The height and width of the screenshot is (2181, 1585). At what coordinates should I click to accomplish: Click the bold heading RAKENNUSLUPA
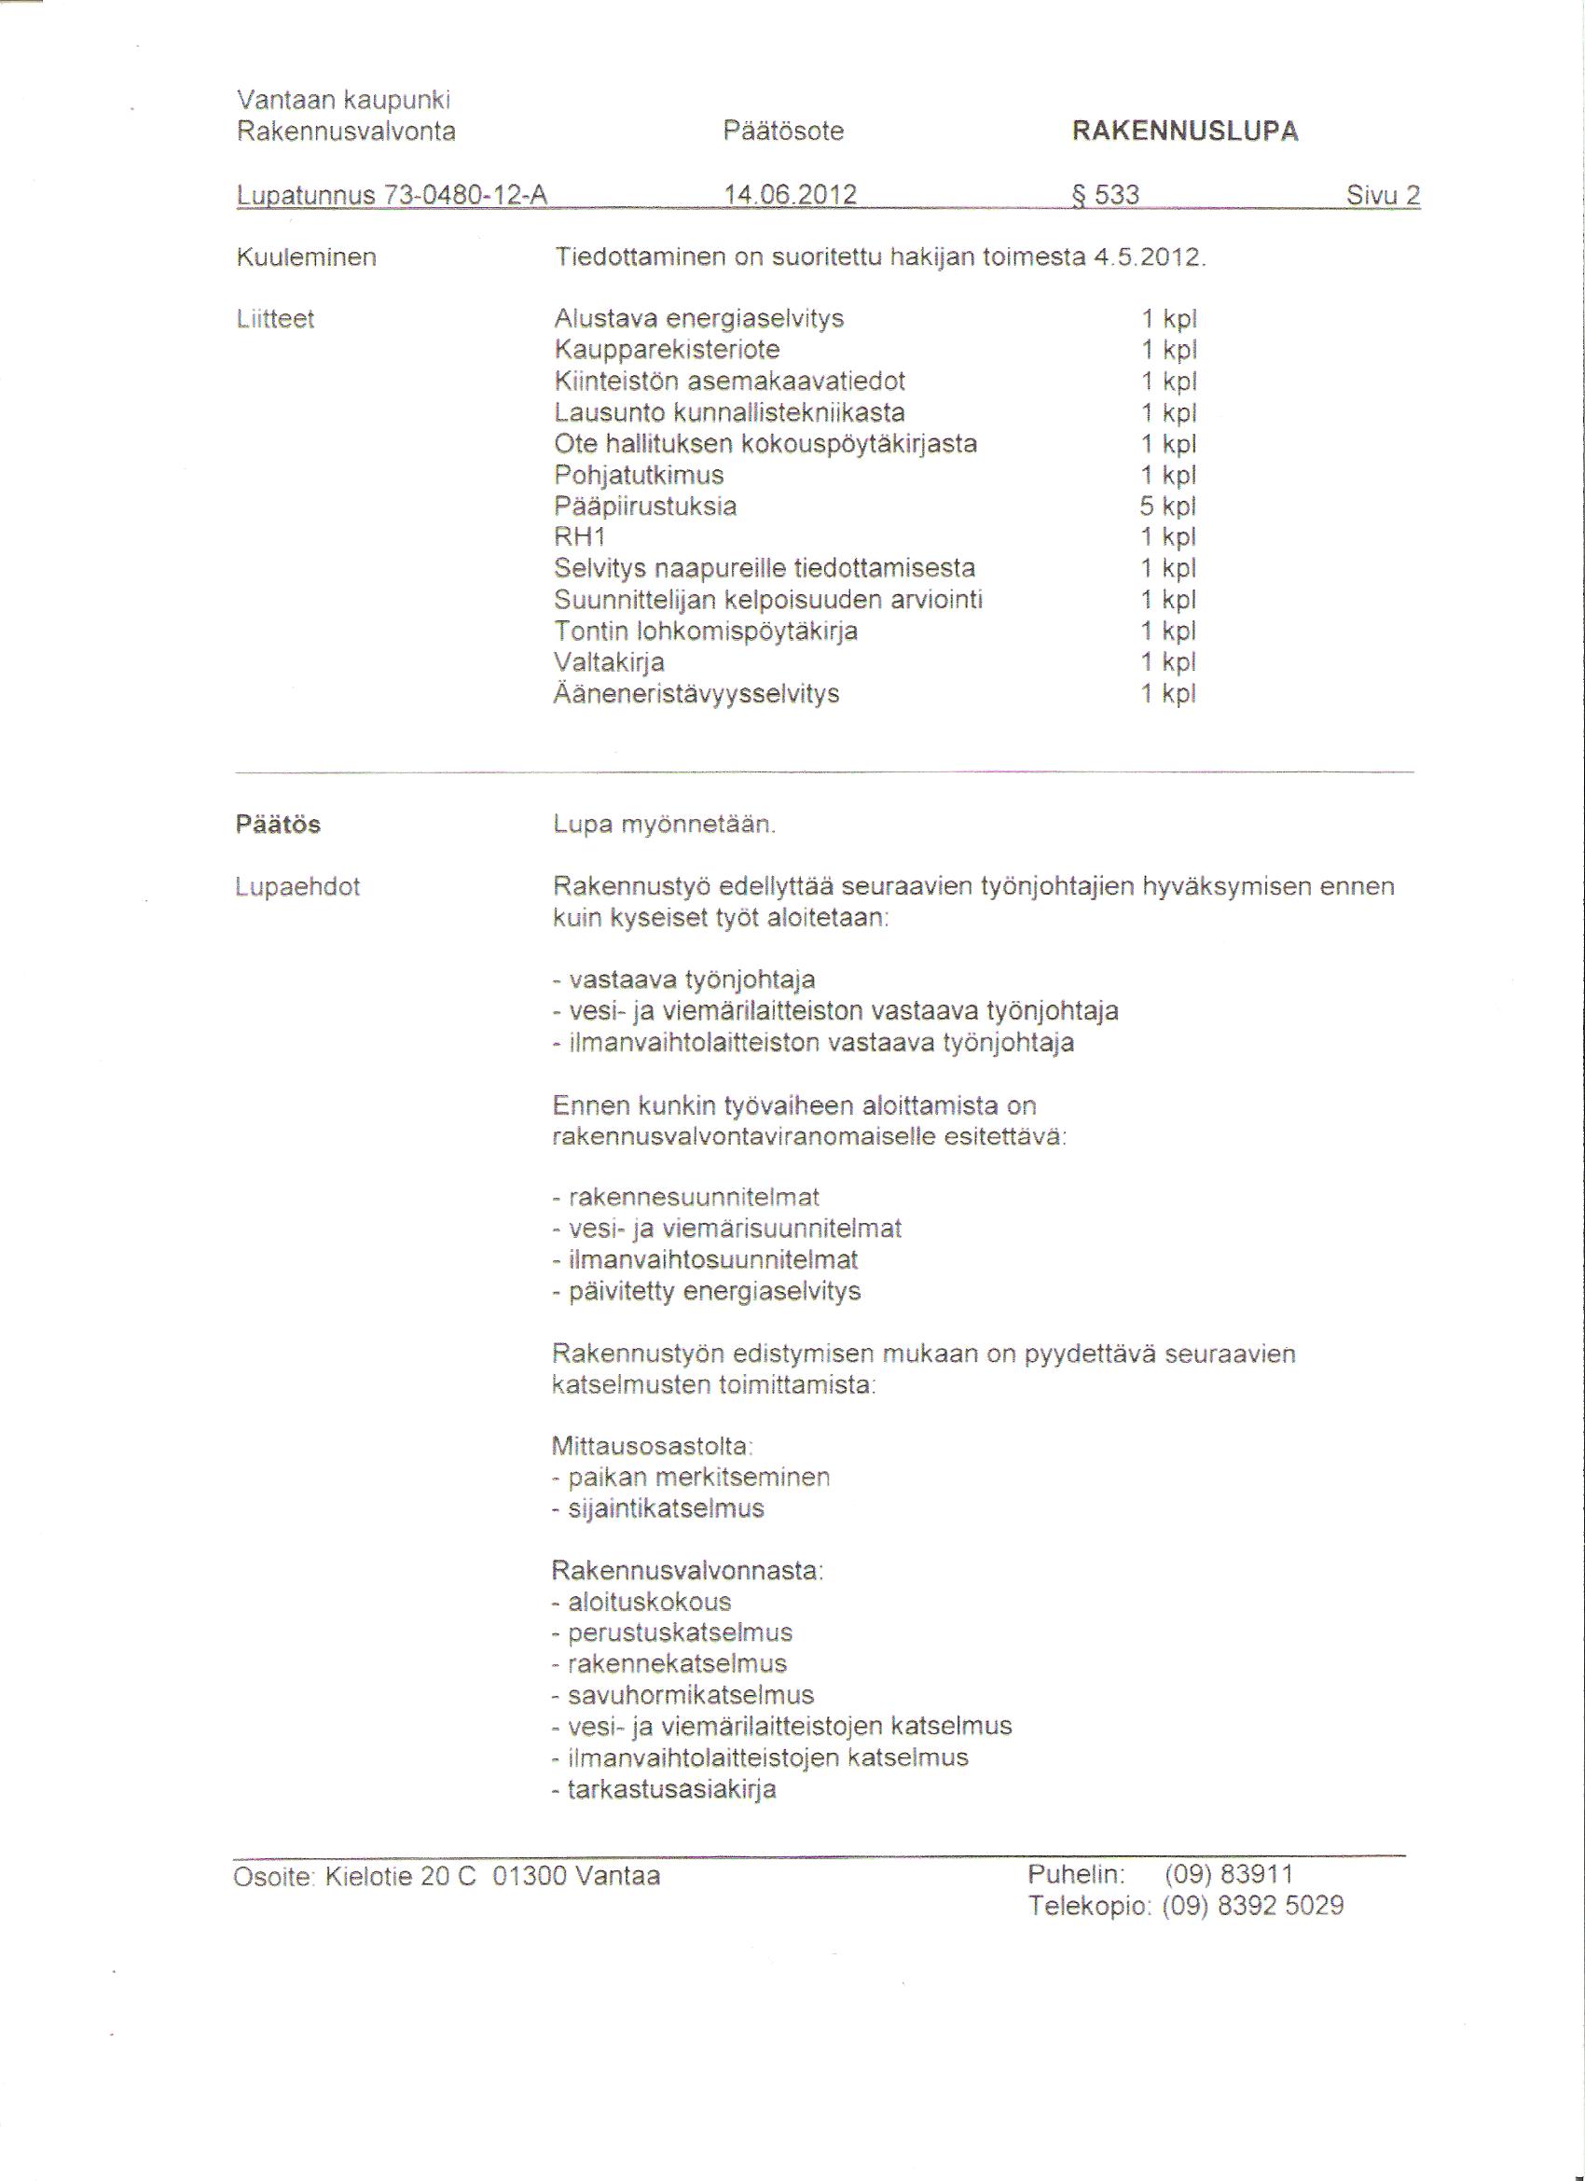(1184, 132)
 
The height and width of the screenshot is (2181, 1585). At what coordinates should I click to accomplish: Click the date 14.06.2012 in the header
(791, 195)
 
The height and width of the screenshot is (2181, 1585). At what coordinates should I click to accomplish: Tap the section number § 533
(1106, 195)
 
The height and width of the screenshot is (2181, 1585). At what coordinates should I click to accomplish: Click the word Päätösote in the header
(783, 132)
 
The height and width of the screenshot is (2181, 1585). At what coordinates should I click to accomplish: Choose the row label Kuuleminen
(306, 257)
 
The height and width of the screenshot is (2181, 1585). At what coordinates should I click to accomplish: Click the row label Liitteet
(275, 319)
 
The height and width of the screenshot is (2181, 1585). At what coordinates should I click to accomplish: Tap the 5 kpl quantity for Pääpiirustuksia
(1169, 506)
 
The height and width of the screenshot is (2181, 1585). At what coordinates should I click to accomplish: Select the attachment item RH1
(580, 537)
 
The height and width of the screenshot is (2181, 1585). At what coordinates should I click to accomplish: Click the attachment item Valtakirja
(610, 662)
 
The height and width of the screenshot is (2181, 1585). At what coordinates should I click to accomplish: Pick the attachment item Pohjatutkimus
(640, 475)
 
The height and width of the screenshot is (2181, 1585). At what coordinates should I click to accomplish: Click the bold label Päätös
(278, 824)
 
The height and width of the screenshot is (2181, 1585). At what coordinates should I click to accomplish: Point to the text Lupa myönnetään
(664, 825)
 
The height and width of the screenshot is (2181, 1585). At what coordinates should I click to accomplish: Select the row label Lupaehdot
(297, 886)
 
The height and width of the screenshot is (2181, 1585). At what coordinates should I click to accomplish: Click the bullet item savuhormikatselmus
(690, 1694)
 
